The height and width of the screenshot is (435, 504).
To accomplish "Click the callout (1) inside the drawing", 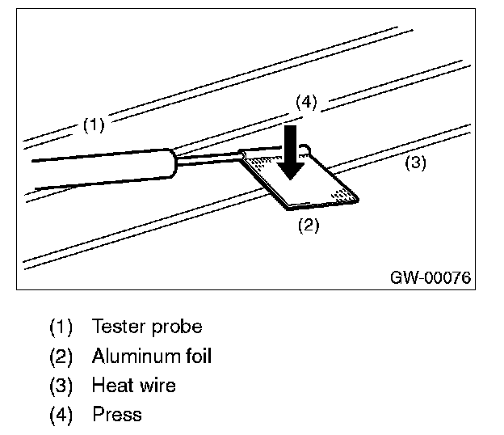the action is coord(94,125).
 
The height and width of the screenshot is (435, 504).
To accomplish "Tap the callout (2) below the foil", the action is coord(309,225).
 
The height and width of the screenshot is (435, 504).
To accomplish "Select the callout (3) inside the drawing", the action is coord(415,163).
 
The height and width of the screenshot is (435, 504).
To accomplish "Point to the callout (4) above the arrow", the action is coord(306,103).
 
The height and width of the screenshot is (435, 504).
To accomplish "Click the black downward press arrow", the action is coord(291,152).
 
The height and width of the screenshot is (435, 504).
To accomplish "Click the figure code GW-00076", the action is coord(430,277).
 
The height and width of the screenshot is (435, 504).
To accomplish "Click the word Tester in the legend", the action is coord(119,327).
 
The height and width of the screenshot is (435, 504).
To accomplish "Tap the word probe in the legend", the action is coord(177,327).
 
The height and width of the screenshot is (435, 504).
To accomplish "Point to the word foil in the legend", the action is coord(199,356).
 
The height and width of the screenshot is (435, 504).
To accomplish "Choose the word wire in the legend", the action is coord(157,385).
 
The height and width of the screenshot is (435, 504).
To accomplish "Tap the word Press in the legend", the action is coord(117,415).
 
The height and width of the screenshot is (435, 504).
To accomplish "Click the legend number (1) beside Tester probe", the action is coord(61,327).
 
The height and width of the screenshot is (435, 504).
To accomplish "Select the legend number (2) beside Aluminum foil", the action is coord(61,357).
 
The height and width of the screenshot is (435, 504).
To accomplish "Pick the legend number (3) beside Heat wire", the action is coord(61,386).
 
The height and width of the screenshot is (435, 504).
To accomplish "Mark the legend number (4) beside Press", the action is coord(61,415).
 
